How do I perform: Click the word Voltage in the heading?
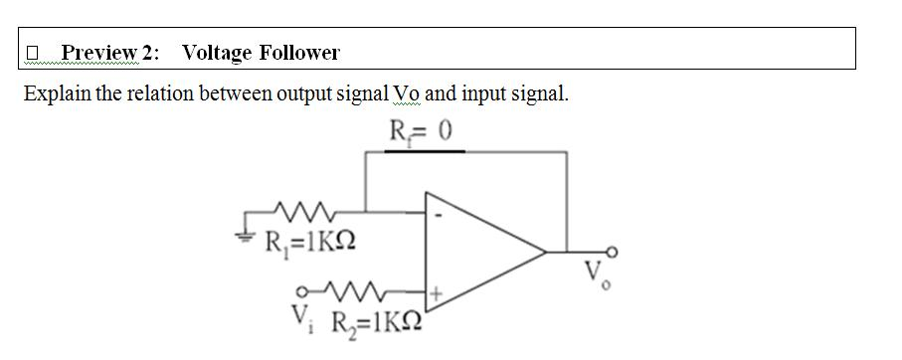[x=218, y=52]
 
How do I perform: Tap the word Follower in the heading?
[x=299, y=52]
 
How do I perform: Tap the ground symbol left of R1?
[x=248, y=225]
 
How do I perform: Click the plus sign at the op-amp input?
[x=435, y=293]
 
